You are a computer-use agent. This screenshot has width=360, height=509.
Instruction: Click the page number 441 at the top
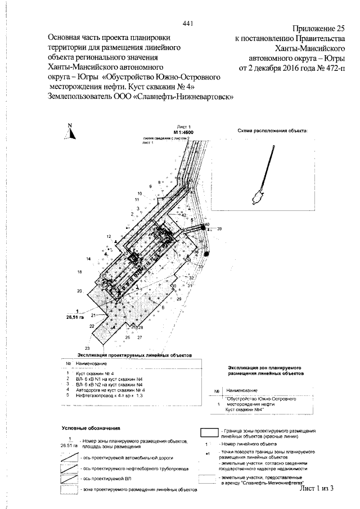(x=188, y=23)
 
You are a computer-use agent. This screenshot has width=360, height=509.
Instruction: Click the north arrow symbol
(x=70, y=131)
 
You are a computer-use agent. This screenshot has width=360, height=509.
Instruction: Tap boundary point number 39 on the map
(x=219, y=229)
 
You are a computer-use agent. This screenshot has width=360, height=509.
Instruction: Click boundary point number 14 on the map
(x=88, y=258)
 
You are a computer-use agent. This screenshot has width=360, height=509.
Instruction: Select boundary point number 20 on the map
(x=79, y=291)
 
